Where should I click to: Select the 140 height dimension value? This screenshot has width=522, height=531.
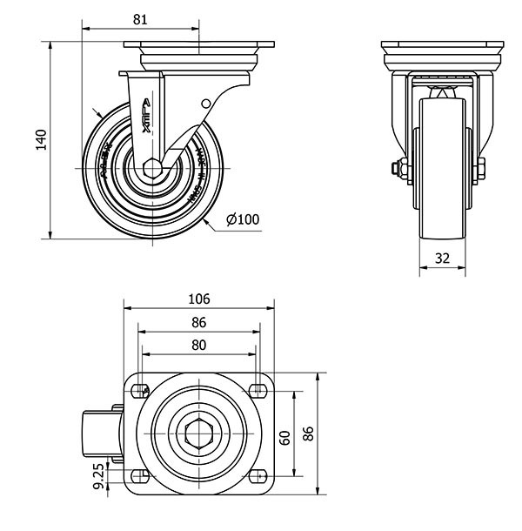pyautogui.click(x=40, y=139)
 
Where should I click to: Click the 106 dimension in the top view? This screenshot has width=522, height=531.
pyautogui.click(x=198, y=299)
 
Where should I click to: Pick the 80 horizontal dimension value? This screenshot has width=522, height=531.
pyautogui.click(x=198, y=345)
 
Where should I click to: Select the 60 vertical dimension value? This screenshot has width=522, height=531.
pyautogui.click(x=284, y=435)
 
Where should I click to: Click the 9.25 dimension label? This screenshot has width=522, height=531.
pyautogui.click(x=98, y=477)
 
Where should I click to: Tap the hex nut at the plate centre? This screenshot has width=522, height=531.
pyautogui.click(x=198, y=433)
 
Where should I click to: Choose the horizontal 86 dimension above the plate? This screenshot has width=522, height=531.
pyautogui.click(x=198, y=322)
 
